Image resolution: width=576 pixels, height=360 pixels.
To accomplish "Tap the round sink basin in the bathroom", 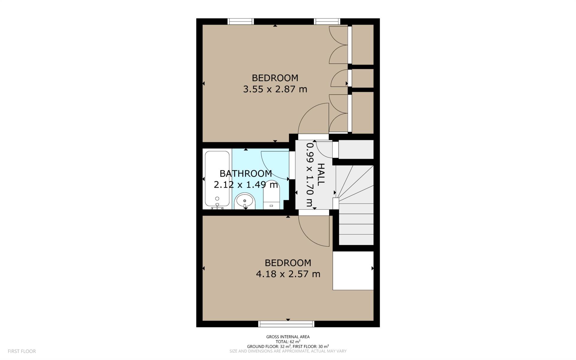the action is tap(245, 201).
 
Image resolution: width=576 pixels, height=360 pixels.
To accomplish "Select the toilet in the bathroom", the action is tap(271, 195).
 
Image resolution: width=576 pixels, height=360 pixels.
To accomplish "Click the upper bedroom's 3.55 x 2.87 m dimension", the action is tap(275, 89).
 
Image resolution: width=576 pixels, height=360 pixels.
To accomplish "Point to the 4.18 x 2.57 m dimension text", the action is tap(288, 274).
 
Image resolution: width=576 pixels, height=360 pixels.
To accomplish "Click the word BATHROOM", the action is tap(246, 173).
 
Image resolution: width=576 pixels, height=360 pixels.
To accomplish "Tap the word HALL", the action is tap(321, 174).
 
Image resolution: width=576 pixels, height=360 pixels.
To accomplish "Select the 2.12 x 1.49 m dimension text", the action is tap(246, 184).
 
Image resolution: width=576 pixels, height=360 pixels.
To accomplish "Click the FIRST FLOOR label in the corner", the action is tap(22, 351).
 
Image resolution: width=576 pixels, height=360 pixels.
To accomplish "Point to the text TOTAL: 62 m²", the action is tap(288, 341).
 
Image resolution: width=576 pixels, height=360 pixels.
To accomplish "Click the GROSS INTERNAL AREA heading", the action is tap(288, 337).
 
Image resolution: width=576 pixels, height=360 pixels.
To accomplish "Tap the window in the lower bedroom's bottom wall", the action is tap(286, 324).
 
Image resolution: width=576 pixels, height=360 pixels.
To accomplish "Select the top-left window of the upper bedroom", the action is tap(241, 21).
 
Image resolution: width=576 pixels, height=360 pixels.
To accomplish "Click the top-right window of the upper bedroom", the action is tap(327, 21).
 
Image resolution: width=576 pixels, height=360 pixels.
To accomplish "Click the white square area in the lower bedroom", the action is tap(353, 271).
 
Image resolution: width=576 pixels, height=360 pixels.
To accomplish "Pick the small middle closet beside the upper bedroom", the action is tap(363, 78).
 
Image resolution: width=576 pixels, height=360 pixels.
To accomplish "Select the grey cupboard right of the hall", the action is tap(356, 150).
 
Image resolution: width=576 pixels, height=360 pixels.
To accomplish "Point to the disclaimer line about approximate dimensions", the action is tap(288, 351).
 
